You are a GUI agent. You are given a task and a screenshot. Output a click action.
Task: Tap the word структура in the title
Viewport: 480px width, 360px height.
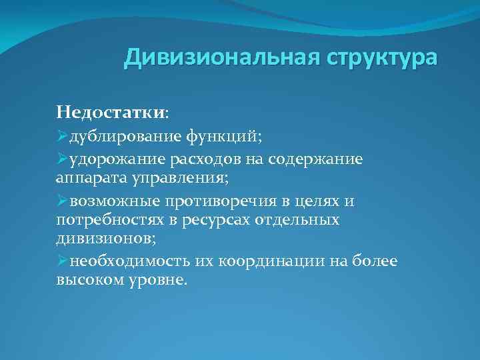pyautogui.click(x=382, y=58)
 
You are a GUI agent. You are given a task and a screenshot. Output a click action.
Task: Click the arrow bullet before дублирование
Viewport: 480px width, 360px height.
pyautogui.click(x=62, y=136)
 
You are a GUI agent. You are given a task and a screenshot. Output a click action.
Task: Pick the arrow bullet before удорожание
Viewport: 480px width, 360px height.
pyautogui.click(x=62, y=160)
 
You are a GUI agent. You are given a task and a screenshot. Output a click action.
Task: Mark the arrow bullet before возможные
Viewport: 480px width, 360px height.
pyautogui.click(x=62, y=201)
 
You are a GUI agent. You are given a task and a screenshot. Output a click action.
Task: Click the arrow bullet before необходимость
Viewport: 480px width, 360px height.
pyautogui.click(x=62, y=261)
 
